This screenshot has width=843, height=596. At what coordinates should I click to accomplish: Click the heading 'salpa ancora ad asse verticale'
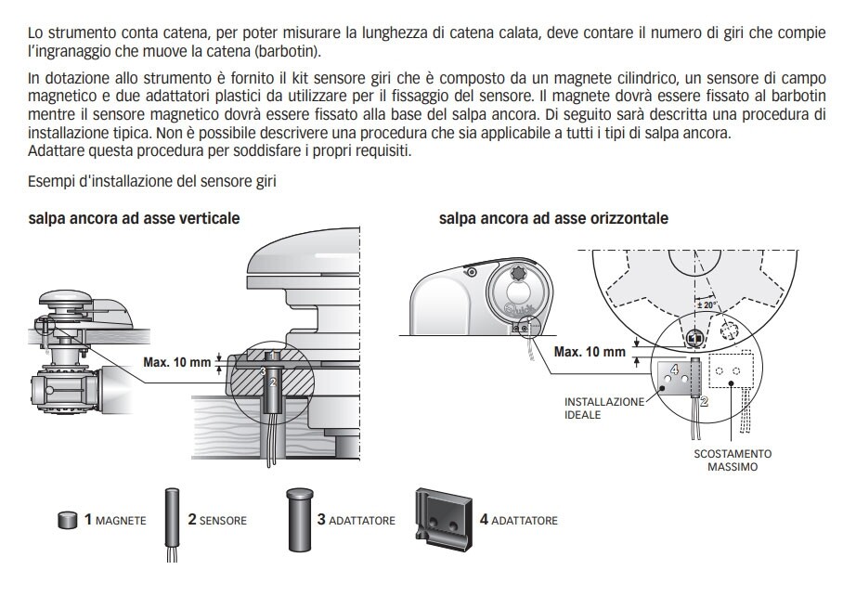coord(134,218)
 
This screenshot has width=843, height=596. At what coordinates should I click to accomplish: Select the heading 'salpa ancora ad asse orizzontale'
coord(553,218)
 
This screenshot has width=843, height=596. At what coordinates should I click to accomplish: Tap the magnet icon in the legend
coord(67,520)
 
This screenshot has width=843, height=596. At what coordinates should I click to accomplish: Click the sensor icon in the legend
coord(172,524)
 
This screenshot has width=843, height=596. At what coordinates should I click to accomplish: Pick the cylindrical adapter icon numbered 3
coord(300,519)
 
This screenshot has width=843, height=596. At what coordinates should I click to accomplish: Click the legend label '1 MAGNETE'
coord(115,520)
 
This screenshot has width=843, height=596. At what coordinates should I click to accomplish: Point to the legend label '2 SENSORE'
coord(217,520)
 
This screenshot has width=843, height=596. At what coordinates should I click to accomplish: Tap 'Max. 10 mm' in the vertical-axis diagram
coord(177,362)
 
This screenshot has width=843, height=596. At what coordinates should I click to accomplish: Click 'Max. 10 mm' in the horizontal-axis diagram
coord(590,352)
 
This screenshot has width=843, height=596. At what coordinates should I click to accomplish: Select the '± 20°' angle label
coord(707,304)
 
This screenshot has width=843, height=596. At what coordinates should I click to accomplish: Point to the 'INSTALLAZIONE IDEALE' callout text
coord(603,408)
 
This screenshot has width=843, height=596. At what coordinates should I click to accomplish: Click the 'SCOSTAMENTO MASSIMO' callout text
coord(733,460)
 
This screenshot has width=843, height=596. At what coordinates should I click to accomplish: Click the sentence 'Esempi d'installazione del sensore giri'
coord(152,181)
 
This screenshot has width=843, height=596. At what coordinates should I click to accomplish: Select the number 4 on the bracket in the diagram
coord(674,369)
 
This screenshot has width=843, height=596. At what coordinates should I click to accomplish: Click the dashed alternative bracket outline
coord(732,370)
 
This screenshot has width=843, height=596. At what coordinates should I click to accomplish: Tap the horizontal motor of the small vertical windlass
coord(64,387)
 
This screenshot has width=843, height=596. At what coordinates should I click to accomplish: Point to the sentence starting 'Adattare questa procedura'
coord(219,151)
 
